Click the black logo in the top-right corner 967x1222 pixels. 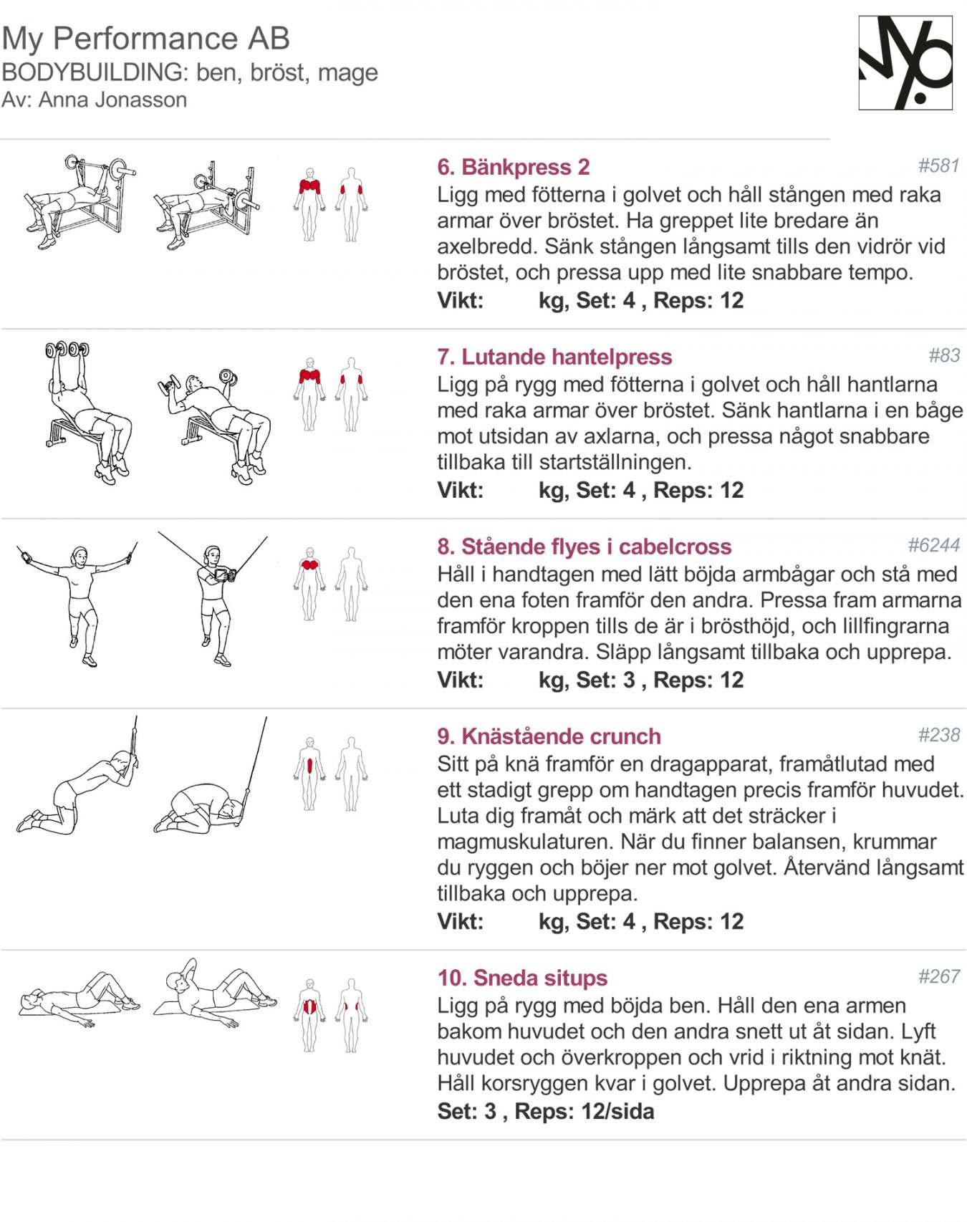[x=905, y=62]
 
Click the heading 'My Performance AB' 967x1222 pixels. [x=145, y=39]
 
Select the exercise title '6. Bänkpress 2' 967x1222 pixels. [x=513, y=167]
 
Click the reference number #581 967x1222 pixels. [x=938, y=165]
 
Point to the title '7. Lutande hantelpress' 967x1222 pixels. [x=554, y=357]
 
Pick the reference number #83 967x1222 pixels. [x=943, y=355]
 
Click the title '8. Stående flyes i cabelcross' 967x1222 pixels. [x=584, y=547]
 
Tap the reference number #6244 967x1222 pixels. [x=933, y=545]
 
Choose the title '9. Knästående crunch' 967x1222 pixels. [x=549, y=736]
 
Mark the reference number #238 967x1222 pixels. [x=938, y=735]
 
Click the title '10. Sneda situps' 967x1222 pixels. [x=521, y=978]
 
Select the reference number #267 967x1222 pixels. [x=938, y=976]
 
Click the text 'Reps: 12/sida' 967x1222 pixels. [x=584, y=1112]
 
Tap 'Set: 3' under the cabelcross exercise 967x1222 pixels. [x=605, y=680]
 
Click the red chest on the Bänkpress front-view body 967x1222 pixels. [x=309, y=186]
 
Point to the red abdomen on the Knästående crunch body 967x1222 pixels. [x=309, y=766]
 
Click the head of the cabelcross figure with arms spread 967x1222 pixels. [x=80, y=555]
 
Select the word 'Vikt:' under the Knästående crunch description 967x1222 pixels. [x=460, y=921]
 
